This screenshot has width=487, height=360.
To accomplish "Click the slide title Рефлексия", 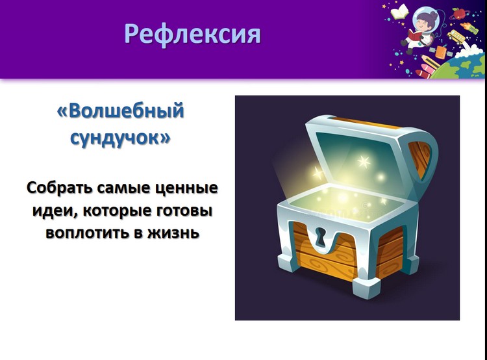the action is pyautogui.click(x=193, y=34).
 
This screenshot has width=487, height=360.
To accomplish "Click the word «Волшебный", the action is pyautogui.click(x=121, y=111).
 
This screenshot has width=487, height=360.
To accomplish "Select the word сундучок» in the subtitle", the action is pyautogui.click(x=121, y=137).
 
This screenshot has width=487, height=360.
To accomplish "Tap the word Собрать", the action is pyautogui.click(x=60, y=188).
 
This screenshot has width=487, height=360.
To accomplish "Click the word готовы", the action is pyautogui.click(x=184, y=211).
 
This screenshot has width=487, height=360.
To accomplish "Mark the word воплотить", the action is pyautogui.click(x=87, y=233).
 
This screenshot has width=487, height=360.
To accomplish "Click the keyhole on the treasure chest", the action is pyautogui.click(x=321, y=237).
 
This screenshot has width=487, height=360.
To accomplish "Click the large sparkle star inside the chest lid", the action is pyautogui.click(x=364, y=161).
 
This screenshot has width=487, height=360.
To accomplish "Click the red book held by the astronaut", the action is pyautogui.click(x=414, y=35).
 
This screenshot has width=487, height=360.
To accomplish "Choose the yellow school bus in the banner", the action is pyautogui.click(x=456, y=36).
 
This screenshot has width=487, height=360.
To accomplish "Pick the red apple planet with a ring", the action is pyautogui.click(x=458, y=14).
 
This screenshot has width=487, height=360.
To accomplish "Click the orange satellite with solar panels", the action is pyautogui.click(x=441, y=51).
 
